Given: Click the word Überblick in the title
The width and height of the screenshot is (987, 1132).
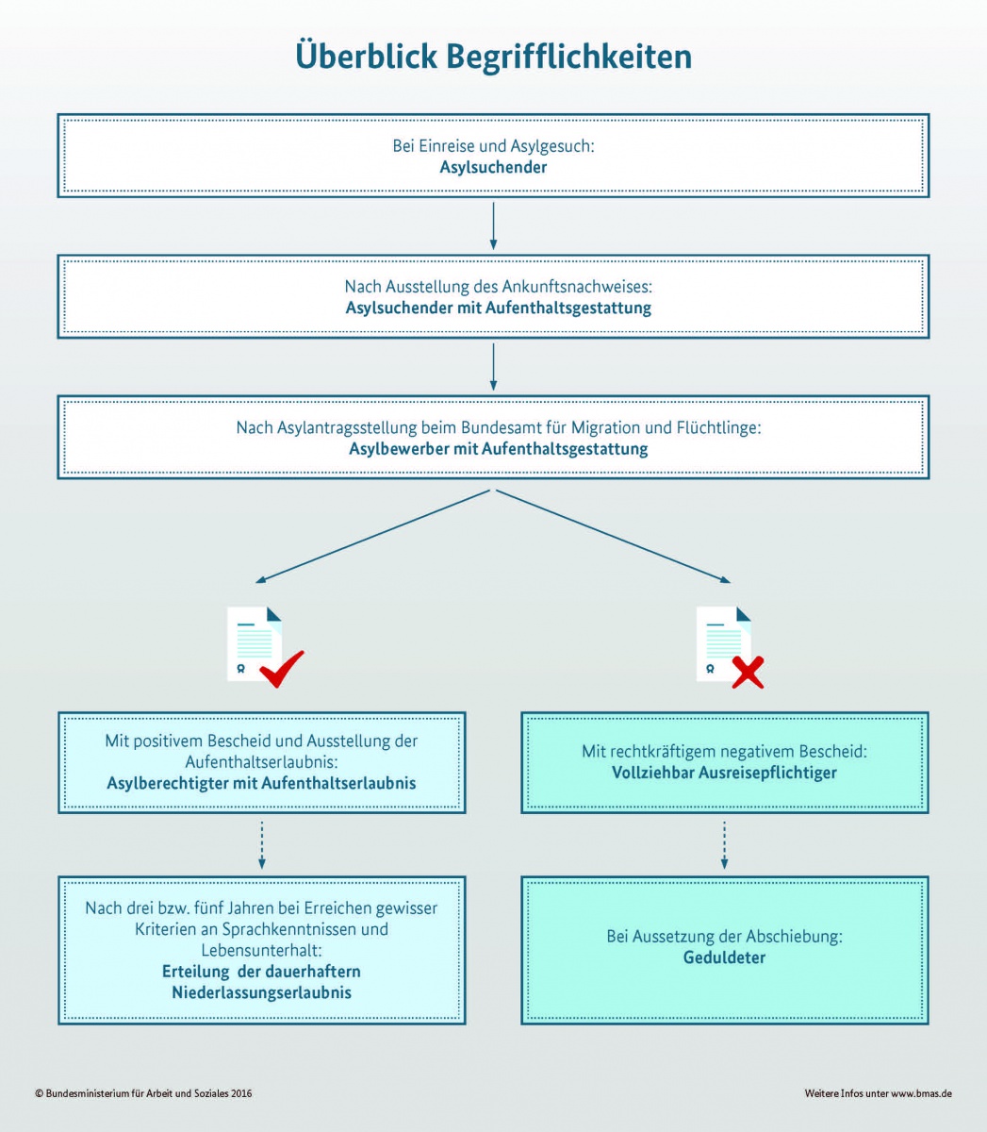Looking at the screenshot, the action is tap(366, 56).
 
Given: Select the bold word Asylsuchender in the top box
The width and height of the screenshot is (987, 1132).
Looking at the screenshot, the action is tap(493, 167).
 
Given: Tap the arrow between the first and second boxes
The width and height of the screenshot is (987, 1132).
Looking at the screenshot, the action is tap(493, 225).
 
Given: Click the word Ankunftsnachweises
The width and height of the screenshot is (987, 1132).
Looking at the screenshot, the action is tap(577, 287).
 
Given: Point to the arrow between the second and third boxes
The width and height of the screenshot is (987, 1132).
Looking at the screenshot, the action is tap(493, 367).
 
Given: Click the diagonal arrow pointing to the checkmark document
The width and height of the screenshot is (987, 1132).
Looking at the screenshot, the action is tap(372, 537).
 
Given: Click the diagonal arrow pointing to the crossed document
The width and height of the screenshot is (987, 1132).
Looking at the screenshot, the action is tap(613, 537).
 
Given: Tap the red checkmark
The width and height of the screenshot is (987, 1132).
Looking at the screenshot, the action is tap(282, 669).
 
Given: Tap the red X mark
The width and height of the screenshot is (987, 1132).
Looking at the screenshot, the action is tap(748, 673).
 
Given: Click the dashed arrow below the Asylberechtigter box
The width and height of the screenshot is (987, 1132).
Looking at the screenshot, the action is tap(261, 845).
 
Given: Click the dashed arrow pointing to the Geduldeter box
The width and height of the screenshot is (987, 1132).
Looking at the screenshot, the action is tap(724, 845).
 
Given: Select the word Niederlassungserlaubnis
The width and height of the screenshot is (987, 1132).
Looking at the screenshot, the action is tap(261, 992).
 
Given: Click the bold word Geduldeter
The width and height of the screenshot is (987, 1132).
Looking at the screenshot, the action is tap(724, 957).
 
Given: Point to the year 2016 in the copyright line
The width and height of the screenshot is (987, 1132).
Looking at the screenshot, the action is tap(241, 1093).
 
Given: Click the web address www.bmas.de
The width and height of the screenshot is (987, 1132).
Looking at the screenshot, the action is tap(922, 1093).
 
